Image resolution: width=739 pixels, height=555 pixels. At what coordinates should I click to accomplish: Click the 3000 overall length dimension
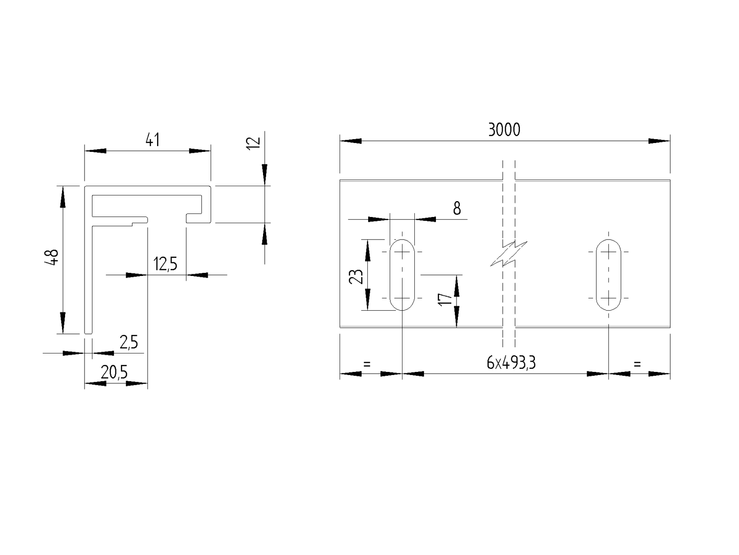(504, 130)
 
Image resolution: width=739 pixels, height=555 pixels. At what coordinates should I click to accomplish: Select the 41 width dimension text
(152, 140)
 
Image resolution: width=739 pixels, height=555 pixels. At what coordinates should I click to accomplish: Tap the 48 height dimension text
(52, 257)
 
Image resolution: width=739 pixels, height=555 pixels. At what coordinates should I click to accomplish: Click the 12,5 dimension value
(165, 264)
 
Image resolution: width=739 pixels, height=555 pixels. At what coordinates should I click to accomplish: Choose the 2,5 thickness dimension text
(128, 342)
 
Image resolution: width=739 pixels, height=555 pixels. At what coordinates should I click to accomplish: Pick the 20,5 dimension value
(114, 373)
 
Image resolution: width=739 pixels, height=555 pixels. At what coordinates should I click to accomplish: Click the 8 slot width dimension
(457, 209)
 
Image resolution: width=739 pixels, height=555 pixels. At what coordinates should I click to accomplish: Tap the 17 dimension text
(446, 300)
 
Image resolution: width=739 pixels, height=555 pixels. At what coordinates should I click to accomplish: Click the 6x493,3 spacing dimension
(511, 363)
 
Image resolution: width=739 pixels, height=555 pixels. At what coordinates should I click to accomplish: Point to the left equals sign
(367, 364)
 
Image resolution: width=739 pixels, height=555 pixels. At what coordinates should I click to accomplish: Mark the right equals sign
(637, 364)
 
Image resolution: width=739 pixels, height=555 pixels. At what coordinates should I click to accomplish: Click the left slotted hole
(402, 275)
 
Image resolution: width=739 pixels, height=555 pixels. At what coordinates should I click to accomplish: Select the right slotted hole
(608, 275)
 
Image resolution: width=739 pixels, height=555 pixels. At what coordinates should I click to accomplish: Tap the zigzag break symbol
(509, 254)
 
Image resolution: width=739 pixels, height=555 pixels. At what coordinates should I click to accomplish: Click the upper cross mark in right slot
(608, 252)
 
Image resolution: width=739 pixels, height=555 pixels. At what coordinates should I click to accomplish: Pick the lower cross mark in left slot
(402, 298)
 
